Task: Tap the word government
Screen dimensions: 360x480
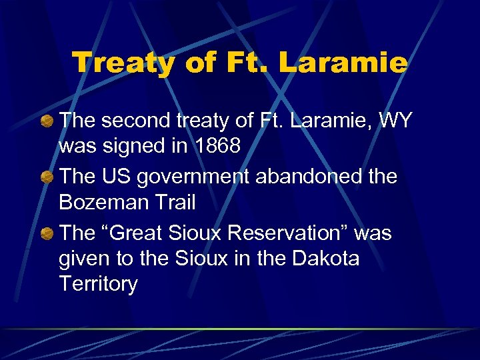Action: pyautogui.click(x=201, y=177)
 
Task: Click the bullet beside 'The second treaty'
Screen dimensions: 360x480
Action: pyautogui.click(x=47, y=121)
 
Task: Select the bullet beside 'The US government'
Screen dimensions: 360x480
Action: pyautogui.click(x=47, y=177)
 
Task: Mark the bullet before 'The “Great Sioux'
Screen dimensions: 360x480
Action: pyautogui.click(x=47, y=234)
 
